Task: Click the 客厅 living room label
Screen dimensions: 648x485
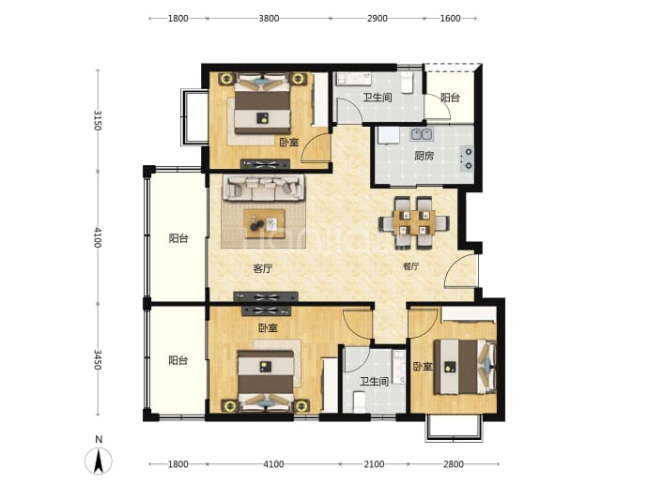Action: click(263, 268)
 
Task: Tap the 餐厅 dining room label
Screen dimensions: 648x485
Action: click(410, 266)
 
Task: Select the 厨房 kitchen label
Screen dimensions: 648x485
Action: click(424, 156)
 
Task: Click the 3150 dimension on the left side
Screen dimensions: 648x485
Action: click(98, 120)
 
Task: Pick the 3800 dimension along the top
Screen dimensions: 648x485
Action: click(269, 18)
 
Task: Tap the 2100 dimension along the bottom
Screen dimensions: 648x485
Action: click(374, 464)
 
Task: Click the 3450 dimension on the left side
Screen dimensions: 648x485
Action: click(98, 359)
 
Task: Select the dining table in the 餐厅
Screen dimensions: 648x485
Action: click(413, 223)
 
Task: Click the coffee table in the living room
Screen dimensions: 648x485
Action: click(264, 223)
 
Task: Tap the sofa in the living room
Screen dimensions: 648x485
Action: click(264, 188)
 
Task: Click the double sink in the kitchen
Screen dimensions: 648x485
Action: click(422, 134)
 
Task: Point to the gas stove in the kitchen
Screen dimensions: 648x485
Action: click(467, 159)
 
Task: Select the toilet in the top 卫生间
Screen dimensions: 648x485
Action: click(407, 83)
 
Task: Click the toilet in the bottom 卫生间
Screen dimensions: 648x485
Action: click(360, 402)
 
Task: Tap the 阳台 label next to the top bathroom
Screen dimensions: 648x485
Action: click(450, 98)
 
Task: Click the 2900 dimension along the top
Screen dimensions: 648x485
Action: click(378, 18)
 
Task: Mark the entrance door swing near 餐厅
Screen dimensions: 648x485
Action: click(461, 270)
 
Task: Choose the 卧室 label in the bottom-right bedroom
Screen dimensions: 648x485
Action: click(423, 366)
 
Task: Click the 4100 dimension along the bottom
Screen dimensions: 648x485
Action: click(273, 464)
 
